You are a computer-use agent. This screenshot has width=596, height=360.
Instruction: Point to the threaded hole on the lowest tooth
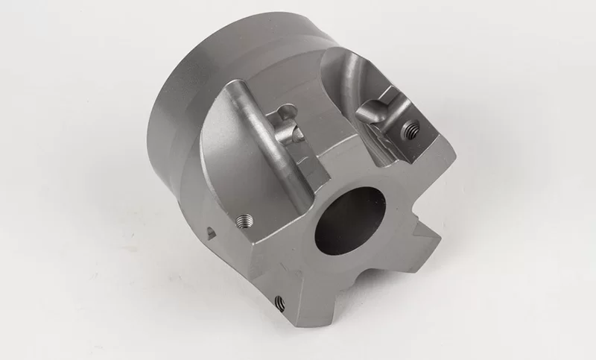pos(281,302)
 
